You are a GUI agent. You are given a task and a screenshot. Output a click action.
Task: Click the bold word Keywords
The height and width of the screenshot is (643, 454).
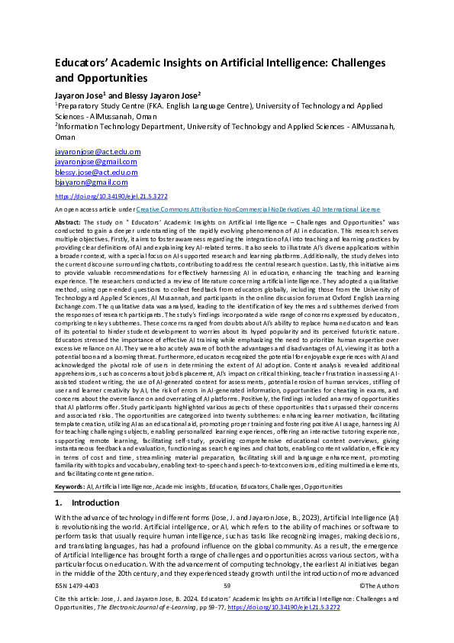pos(69,464)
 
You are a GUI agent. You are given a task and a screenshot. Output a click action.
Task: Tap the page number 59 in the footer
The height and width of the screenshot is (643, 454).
pos(227,585)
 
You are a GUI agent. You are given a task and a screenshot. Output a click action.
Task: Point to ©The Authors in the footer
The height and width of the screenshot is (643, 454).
pos(376,585)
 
